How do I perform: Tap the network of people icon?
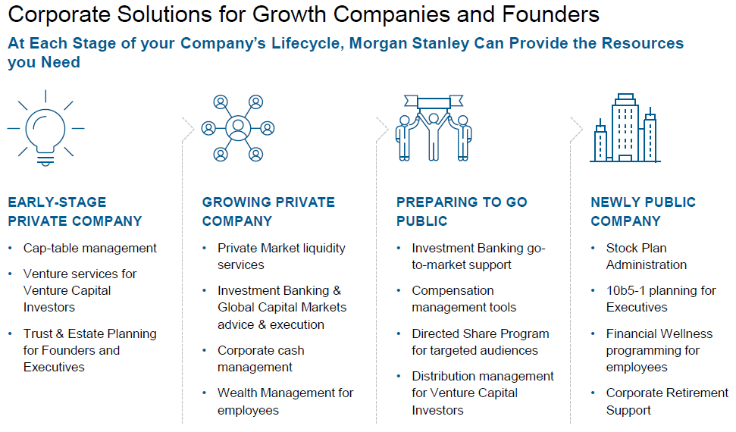[x=238, y=128]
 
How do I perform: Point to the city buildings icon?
[x=625, y=128]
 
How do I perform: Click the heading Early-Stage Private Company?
[x=75, y=211]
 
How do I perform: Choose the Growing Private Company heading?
[x=268, y=211]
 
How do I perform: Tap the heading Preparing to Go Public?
[x=462, y=211]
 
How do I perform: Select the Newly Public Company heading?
[x=643, y=211]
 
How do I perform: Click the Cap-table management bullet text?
[x=90, y=248]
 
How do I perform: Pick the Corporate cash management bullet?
[x=261, y=358]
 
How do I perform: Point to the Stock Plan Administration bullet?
[x=647, y=256]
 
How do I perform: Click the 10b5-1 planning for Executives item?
[x=661, y=299]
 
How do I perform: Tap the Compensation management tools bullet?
[x=464, y=299]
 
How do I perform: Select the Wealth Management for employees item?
[x=286, y=402]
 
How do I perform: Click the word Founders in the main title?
[x=550, y=14]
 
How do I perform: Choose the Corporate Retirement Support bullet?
[x=667, y=402]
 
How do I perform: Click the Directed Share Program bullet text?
[x=481, y=342]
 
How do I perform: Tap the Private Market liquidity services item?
[x=282, y=256]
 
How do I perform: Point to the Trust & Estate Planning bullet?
[x=90, y=350]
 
